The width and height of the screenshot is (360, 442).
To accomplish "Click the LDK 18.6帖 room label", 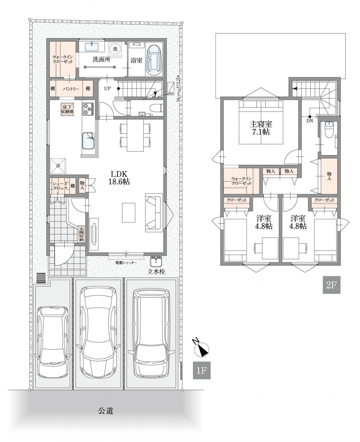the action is click(x=119, y=178).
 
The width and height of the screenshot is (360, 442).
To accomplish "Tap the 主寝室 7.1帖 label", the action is click(x=261, y=128).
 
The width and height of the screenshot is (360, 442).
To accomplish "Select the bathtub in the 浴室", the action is click(x=154, y=60).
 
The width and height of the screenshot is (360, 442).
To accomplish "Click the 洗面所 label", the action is click(x=102, y=59).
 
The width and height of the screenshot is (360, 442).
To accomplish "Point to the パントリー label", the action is click(x=71, y=89).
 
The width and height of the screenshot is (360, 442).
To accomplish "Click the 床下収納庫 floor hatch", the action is click(x=67, y=109).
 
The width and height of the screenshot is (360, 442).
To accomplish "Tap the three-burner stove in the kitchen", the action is click(x=88, y=109).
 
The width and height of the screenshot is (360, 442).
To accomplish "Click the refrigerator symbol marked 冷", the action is click(x=58, y=166).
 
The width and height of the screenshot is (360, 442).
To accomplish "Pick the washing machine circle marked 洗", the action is click(x=115, y=49).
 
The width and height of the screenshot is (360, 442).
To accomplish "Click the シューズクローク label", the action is click(x=60, y=186).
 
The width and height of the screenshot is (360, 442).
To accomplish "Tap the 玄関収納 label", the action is click(x=81, y=234).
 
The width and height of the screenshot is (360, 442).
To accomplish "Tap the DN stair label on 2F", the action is click(x=310, y=121).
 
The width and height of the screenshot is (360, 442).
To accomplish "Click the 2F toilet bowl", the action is click(x=329, y=130).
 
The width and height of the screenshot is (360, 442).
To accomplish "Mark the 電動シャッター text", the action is click(x=126, y=263).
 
